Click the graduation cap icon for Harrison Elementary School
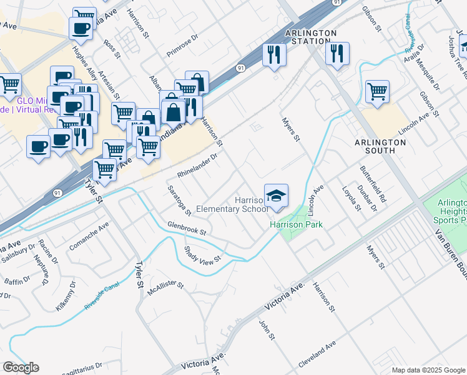(276, 196)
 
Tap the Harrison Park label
(296, 224)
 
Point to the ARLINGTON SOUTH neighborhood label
(380, 146)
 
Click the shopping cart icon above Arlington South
(377, 92)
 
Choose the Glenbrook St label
(186, 228)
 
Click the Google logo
(21, 367)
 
